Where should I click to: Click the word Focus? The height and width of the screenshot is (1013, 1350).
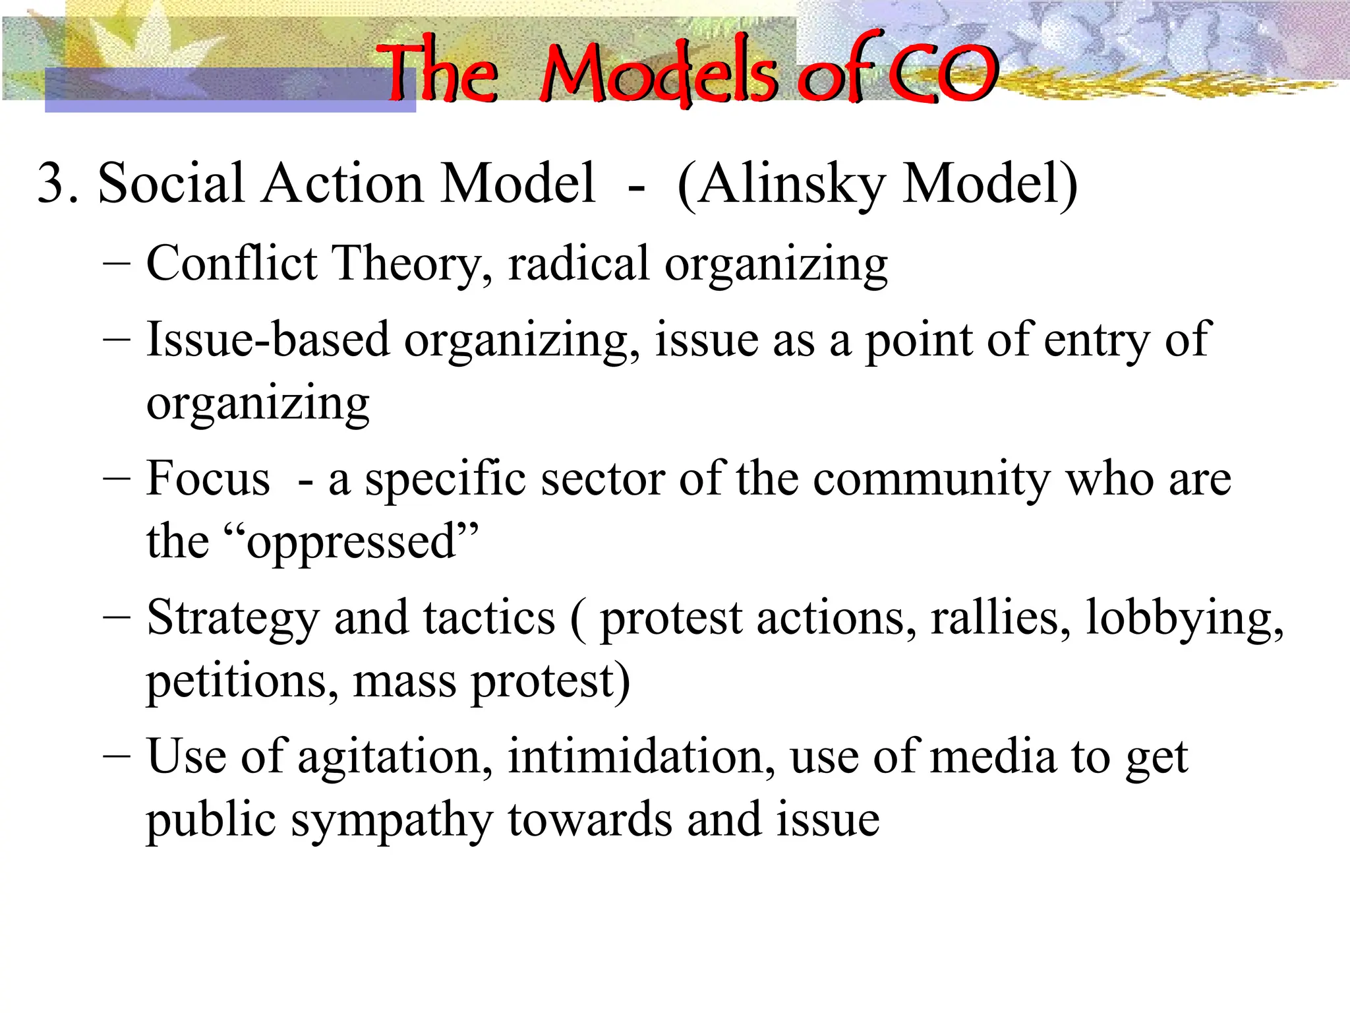[208, 479]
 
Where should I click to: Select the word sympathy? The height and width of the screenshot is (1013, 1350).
[392, 822]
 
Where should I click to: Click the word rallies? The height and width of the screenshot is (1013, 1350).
[995, 619]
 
